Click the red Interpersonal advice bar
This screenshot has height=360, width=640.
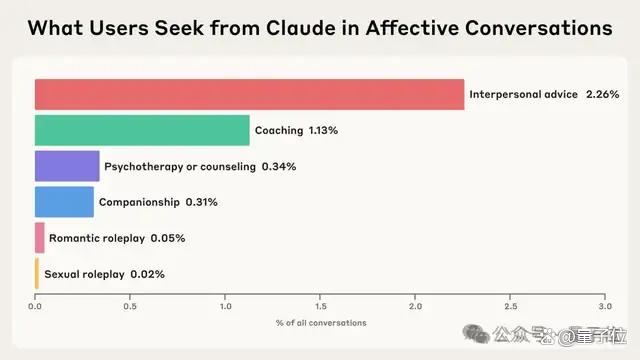coord(249,94)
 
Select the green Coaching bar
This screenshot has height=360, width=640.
coord(142,130)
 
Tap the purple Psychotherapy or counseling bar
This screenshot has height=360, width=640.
coord(67,166)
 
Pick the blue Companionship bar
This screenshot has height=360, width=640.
coord(64,202)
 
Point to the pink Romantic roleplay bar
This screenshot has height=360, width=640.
coord(40,238)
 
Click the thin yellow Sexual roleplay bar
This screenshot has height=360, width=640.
coord(37,273)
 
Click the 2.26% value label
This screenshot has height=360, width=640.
coord(602,94)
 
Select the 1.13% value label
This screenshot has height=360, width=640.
coord(323,130)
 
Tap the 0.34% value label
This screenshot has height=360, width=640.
coord(279,167)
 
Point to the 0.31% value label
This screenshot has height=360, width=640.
coord(202,202)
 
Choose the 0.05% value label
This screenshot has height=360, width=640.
coord(168,238)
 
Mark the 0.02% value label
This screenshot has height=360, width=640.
coord(147,274)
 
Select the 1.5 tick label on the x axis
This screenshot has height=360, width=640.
coord(320,306)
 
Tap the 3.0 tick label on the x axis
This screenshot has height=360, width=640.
coord(605,306)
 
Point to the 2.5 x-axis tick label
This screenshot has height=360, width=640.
coord(510,306)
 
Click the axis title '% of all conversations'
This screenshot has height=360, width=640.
coord(321,323)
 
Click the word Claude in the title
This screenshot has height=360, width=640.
coord(313,28)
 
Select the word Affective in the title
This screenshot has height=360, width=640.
coord(412,28)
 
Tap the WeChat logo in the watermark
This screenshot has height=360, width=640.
coord(476,334)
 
